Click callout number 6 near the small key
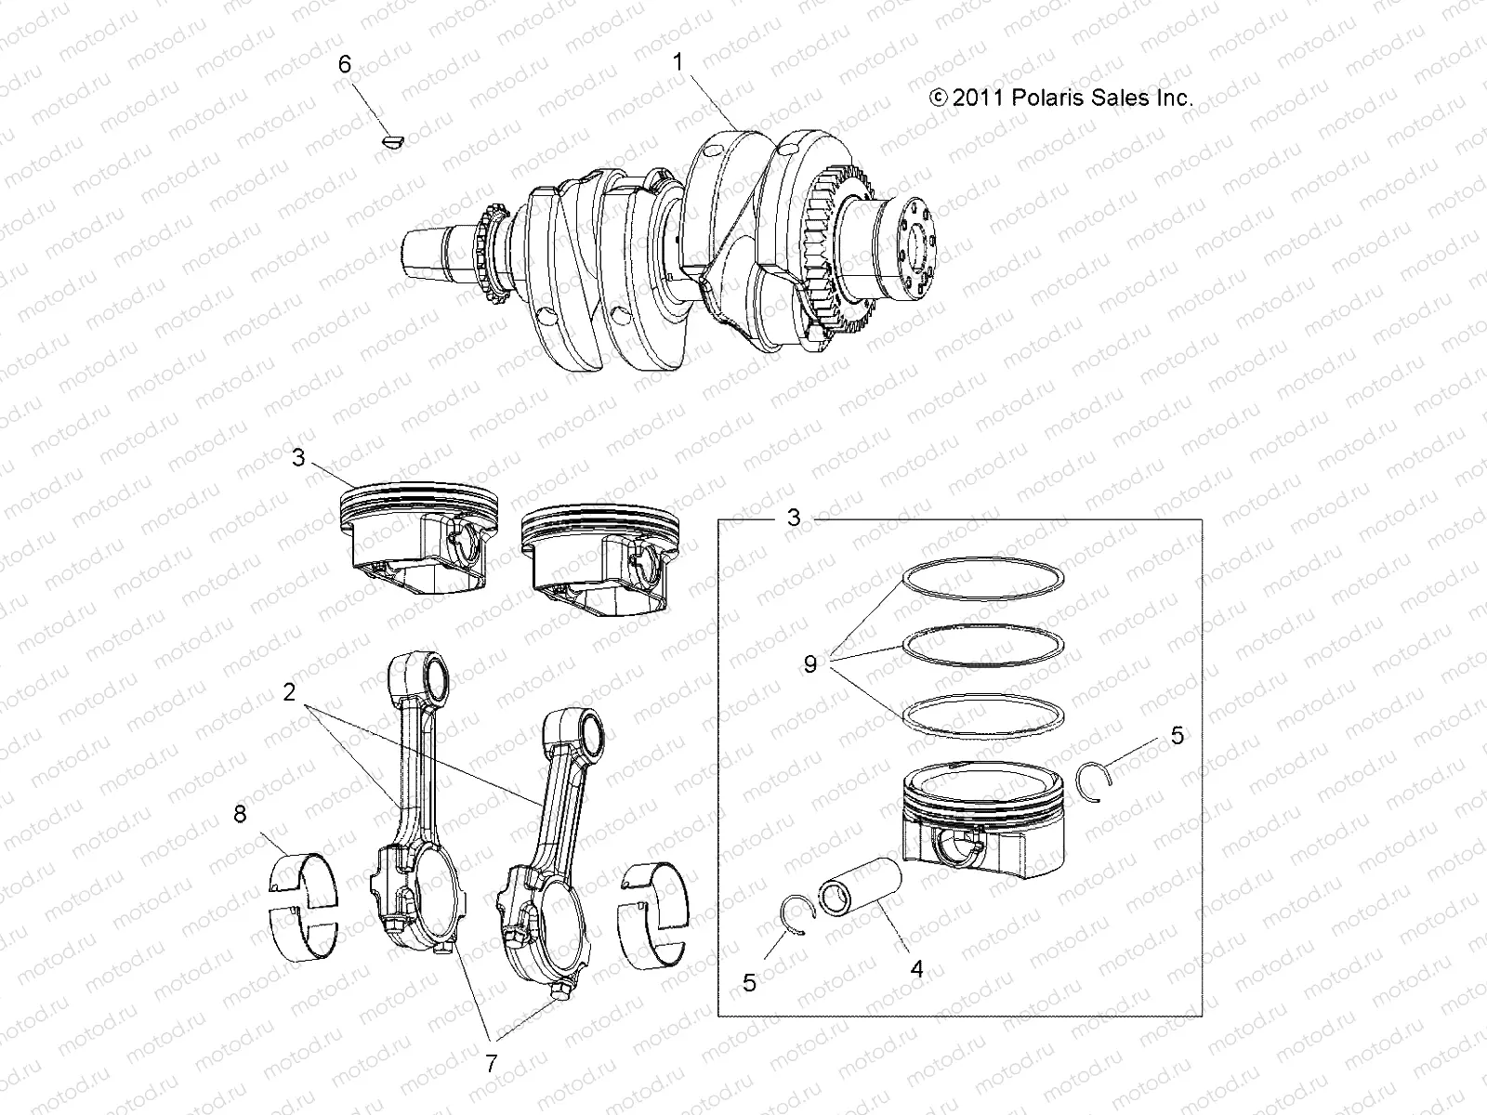tap(345, 64)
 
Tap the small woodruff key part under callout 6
tap(394, 141)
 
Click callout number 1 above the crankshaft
tap(678, 62)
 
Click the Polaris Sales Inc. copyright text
tap(1060, 98)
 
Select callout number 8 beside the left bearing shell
tap(240, 815)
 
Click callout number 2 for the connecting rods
tap(289, 692)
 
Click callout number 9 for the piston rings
tap(810, 664)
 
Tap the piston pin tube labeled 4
tap(860, 889)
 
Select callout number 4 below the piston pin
tap(916, 969)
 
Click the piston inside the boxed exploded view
tap(980, 818)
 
